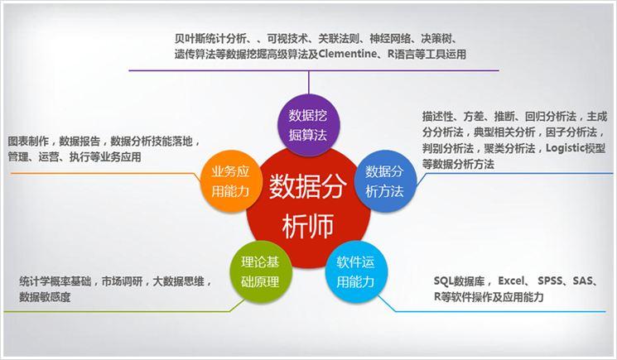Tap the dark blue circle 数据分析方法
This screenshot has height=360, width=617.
point(384,181)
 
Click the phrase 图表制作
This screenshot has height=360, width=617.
point(29,141)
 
